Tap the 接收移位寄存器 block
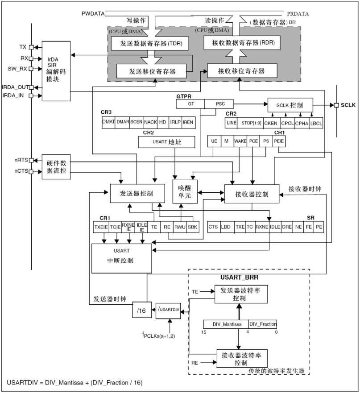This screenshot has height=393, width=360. click(241, 71)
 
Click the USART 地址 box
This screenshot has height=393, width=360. click(166, 142)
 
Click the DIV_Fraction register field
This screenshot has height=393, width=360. click(263, 324)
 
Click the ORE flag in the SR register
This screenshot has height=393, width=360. click(286, 227)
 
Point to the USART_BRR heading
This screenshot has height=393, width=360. click(239, 277)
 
